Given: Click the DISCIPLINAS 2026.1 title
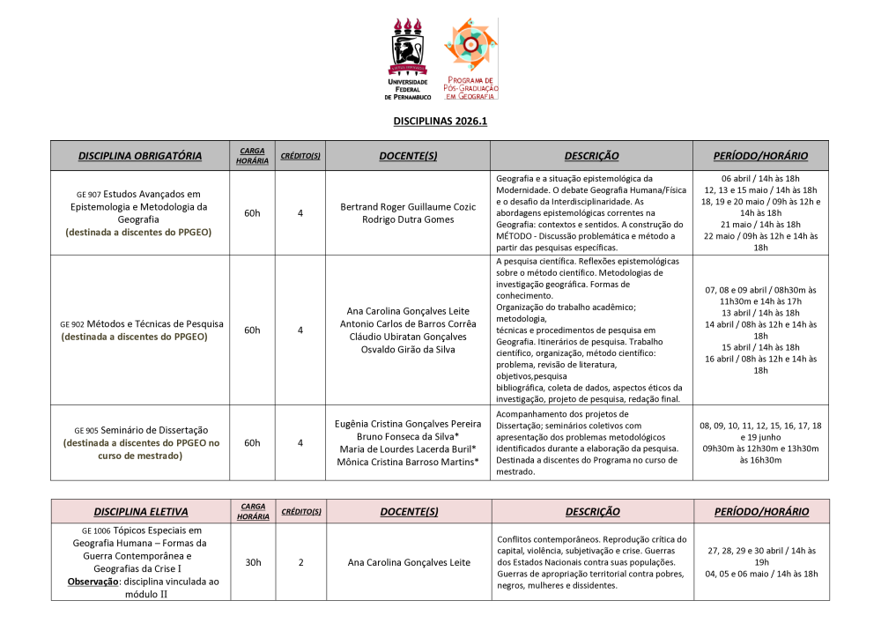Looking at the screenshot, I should (440, 122).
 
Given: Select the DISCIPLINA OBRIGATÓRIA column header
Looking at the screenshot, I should (140, 156).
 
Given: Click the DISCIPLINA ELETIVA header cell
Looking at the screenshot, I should (140, 512).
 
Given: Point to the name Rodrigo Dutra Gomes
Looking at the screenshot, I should (409, 219).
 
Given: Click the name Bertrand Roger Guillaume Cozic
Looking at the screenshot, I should (409, 206).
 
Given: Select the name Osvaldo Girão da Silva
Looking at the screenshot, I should (409, 349).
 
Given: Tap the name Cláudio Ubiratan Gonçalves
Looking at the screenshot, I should (409, 337).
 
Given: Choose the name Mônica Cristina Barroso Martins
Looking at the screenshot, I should (407, 461).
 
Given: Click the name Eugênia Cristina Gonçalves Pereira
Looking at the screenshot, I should (409, 423).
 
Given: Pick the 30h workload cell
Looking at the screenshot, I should (252, 562).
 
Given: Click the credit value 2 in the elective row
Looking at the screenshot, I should (300, 562).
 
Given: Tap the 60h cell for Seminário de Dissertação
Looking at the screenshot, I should (252, 442).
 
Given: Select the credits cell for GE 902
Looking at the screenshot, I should (300, 330).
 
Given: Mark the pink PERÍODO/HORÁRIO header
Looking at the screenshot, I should (761, 512).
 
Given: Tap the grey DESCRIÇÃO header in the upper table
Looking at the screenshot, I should (591, 156).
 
